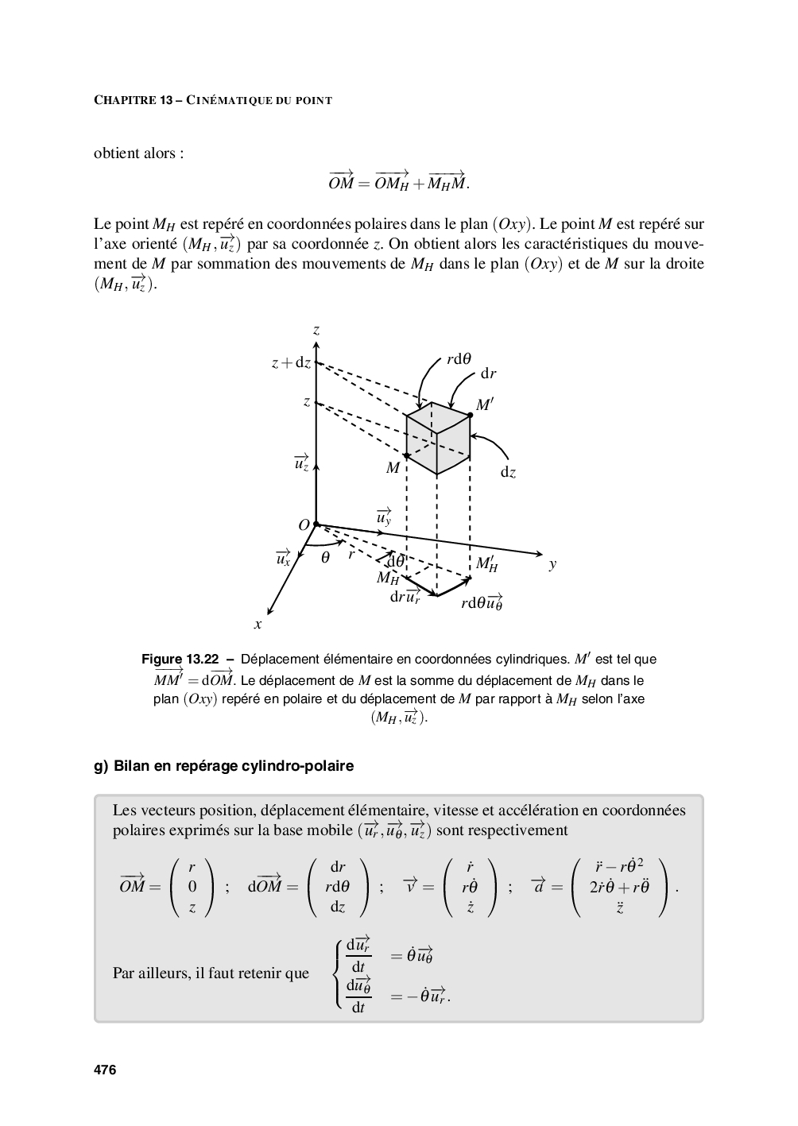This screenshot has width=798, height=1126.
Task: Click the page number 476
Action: [x=105, y=1070]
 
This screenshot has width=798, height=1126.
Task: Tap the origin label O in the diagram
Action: [x=304, y=525]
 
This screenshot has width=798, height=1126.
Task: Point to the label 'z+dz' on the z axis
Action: [x=290, y=363]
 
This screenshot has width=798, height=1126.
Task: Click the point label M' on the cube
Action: [x=485, y=405]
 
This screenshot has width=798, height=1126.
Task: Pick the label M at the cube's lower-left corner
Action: [x=393, y=468]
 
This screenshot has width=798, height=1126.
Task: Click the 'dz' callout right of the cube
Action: [x=508, y=472]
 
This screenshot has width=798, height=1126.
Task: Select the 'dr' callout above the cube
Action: [x=488, y=373]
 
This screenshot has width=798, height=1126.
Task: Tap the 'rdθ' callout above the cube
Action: [x=459, y=358]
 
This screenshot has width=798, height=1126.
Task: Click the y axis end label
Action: [x=552, y=564]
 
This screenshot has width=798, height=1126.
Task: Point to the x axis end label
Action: [x=258, y=625]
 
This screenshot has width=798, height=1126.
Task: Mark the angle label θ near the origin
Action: [x=325, y=558]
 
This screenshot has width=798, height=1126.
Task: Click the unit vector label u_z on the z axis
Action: [x=301, y=462]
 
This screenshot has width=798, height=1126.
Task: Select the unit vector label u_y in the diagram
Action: [x=384, y=517]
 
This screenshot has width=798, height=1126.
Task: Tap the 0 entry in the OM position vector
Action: [x=192, y=886]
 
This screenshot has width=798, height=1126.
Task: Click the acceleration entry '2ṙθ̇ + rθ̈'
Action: [x=619, y=887]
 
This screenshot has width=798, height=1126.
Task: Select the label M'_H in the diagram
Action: [x=486, y=564]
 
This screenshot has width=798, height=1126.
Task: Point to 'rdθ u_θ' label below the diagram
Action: [x=482, y=602]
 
